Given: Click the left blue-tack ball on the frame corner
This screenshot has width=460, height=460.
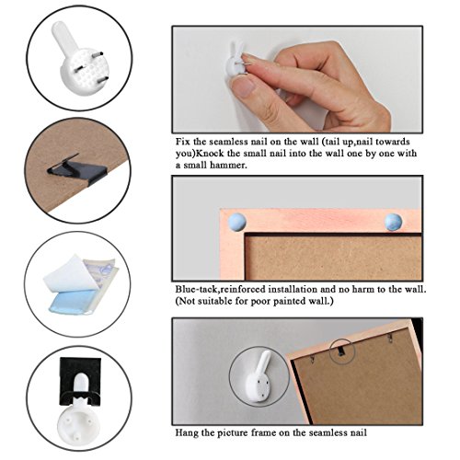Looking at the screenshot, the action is (236, 222).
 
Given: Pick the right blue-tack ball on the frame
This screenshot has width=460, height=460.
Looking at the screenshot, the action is (393, 222).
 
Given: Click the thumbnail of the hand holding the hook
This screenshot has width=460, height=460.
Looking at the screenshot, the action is (297, 79).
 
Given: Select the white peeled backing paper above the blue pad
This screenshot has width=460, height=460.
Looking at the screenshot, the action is (71, 274).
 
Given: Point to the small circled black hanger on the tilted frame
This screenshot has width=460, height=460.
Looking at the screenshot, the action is (341, 351).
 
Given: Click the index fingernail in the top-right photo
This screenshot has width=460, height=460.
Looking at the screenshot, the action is (247, 86).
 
